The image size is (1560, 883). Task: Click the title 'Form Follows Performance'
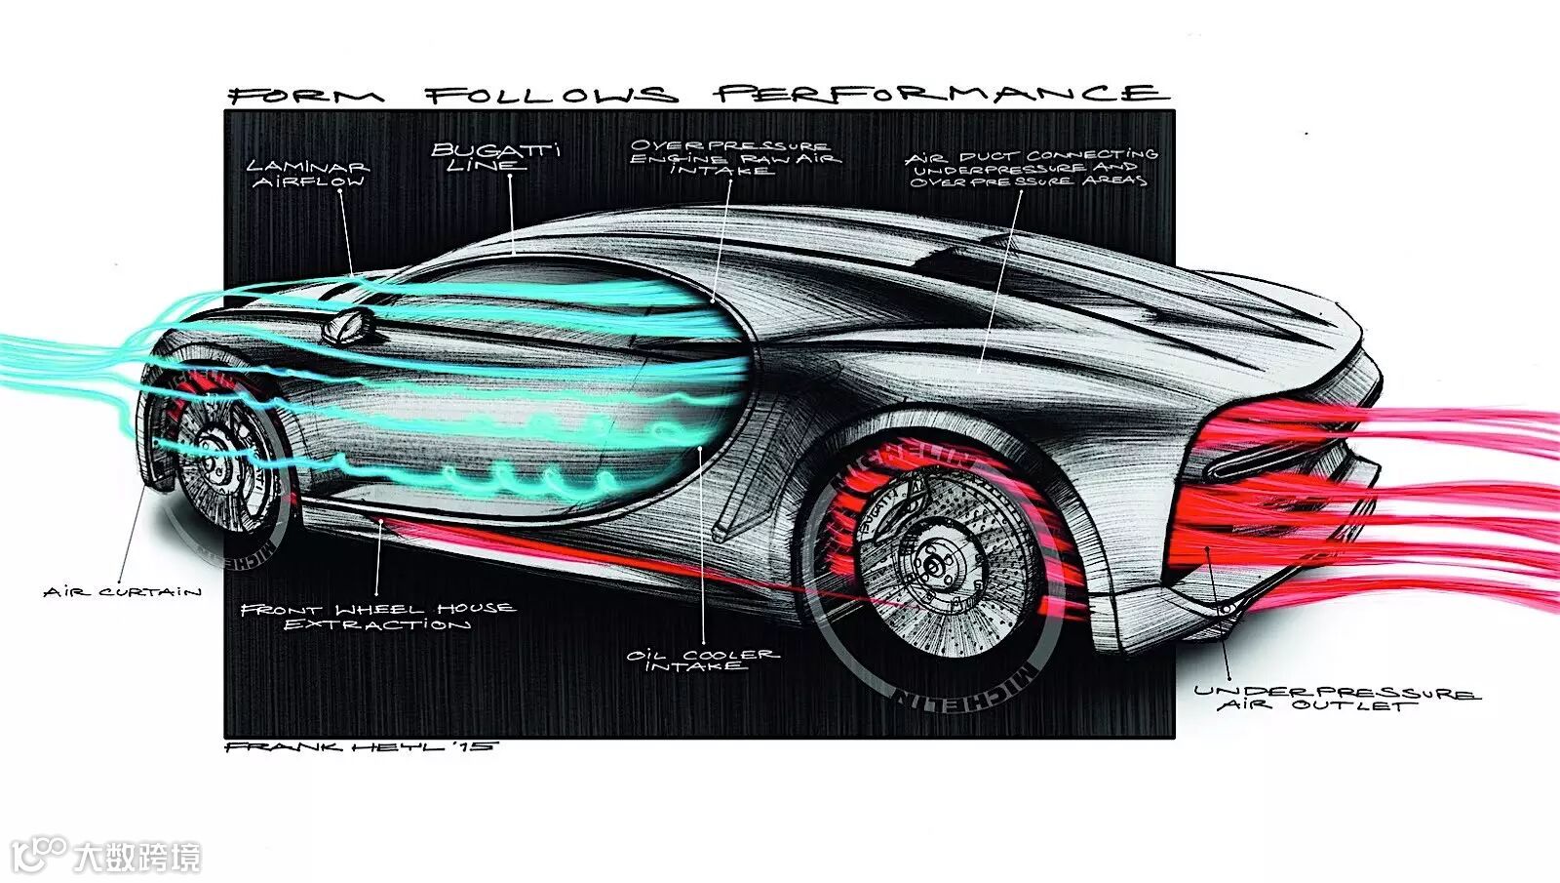(x=697, y=95)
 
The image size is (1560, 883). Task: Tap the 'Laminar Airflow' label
(x=308, y=174)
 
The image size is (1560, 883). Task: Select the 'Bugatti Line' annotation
(x=495, y=157)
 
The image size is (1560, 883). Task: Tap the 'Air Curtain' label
(x=123, y=591)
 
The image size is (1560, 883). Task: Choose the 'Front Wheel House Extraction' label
(x=378, y=616)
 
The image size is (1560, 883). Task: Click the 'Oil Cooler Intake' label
(x=702, y=660)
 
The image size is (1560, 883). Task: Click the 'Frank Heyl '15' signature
(x=361, y=746)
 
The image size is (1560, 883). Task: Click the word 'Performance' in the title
(x=939, y=94)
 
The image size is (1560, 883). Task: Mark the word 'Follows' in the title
(x=551, y=95)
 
